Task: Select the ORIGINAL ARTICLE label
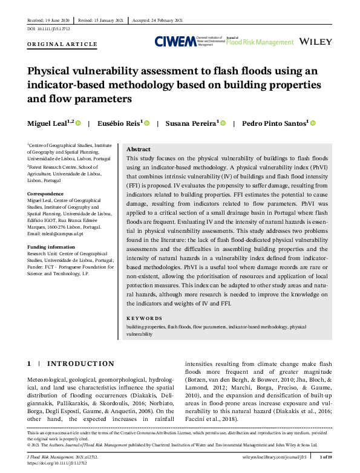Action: click(62, 44)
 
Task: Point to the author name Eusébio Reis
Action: click(120, 123)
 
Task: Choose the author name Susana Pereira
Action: click(191, 123)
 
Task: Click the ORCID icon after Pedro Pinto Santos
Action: click(313, 123)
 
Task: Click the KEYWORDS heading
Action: click(144, 318)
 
